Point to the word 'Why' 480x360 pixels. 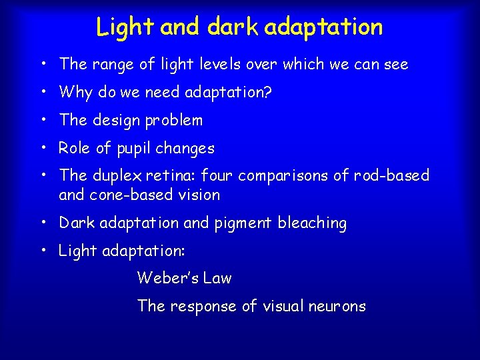(x=76, y=93)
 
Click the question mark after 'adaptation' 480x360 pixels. (x=267, y=93)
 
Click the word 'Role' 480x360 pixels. (x=74, y=148)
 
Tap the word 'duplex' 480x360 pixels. (x=114, y=176)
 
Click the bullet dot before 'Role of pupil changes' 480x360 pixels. (x=43, y=148)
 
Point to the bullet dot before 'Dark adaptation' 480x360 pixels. (x=43, y=223)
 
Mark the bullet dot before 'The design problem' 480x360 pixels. (x=43, y=121)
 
